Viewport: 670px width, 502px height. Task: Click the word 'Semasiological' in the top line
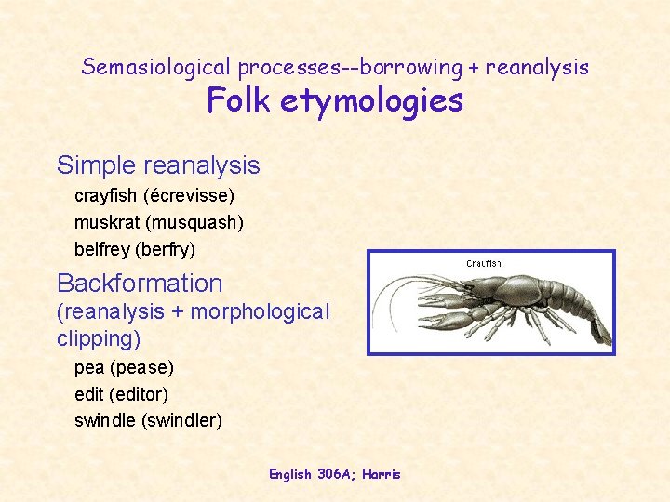point(156,67)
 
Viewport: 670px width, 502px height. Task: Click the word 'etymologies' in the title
point(377,100)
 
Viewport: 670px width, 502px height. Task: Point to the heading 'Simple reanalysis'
point(158,165)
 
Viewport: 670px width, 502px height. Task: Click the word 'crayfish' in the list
point(104,196)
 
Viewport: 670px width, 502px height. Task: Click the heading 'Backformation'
point(140,284)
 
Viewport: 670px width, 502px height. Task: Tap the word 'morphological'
point(260,311)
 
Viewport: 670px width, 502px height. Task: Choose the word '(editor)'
point(139,393)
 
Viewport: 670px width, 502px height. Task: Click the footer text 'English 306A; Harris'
point(335,474)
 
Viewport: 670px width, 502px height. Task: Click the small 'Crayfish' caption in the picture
point(483,264)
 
